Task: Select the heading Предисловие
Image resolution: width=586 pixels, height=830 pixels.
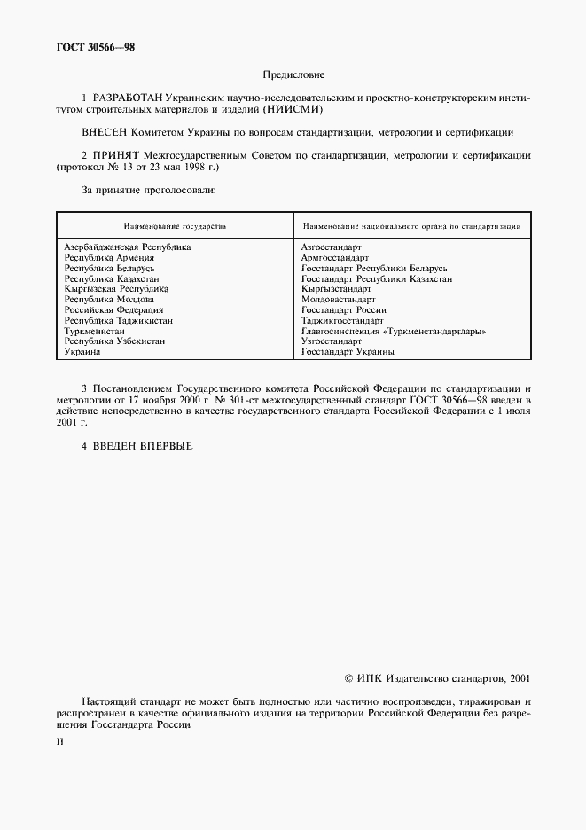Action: (x=293, y=75)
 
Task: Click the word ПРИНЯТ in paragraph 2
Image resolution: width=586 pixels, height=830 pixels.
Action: (x=121, y=155)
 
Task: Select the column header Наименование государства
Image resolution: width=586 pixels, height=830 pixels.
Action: (x=175, y=226)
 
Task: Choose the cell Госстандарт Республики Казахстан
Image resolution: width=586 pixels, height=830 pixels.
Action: (x=376, y=278)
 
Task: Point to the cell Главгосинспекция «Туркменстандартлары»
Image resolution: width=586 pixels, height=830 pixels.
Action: (x=394, y=331)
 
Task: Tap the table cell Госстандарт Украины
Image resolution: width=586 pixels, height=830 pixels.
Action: (x=348, y=351)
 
